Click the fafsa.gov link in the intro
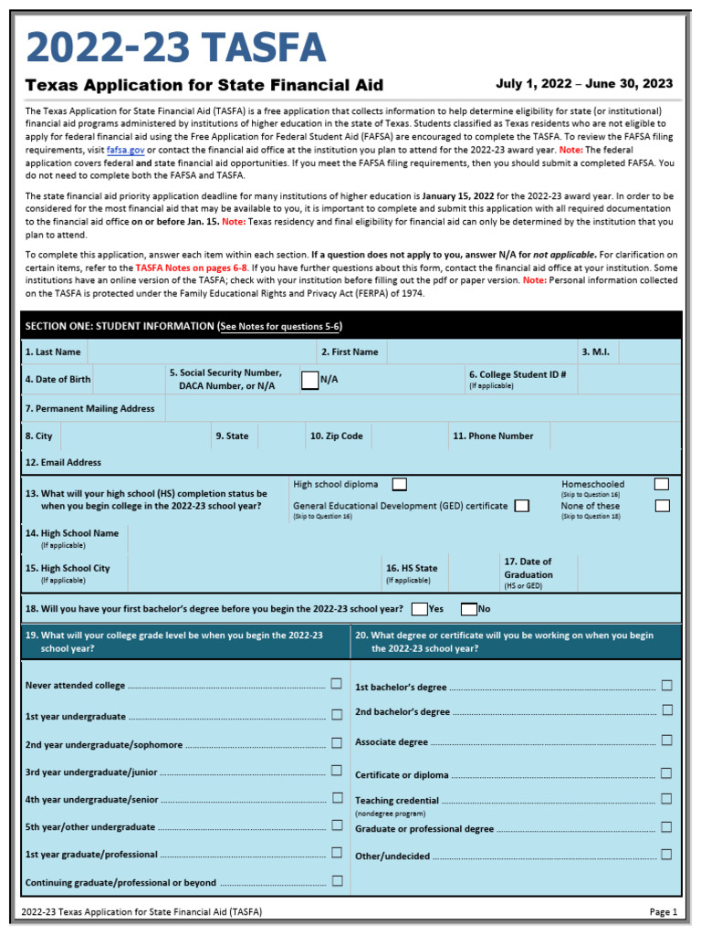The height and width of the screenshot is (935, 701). (x=125, y=150)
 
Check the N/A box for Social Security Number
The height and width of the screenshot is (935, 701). (x=309, y=380)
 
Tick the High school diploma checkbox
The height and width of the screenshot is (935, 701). (x=399, y=484)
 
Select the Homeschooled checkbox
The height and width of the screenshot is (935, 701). (x=662, y=484)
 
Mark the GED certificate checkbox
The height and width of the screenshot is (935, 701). (x=521, y=506)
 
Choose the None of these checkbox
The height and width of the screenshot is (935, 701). (x=662, y=506)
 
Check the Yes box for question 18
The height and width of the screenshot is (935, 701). (x=419, y=609)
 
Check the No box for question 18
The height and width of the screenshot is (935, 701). (x=468, y=609)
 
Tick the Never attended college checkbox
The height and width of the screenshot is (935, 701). (x=337, y=684)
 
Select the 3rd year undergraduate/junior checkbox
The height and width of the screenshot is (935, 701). (x=337, y=772)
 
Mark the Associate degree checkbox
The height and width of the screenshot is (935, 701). (x=666, y=741)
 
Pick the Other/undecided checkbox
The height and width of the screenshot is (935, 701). (x=666, y=855)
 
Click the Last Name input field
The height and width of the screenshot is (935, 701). (x=201, y=352)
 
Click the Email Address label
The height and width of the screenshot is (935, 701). (x=63, y=463)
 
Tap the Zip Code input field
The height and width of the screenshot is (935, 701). (x=408, y=436)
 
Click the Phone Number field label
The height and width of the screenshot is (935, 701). (x=493, y=436)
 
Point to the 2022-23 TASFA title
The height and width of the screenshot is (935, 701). (x=175, y=48)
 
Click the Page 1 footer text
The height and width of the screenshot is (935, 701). (x=663, y=911)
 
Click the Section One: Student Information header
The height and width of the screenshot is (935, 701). (x=183, y=326)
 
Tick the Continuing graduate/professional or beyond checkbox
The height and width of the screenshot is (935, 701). (x=337, y=881)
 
